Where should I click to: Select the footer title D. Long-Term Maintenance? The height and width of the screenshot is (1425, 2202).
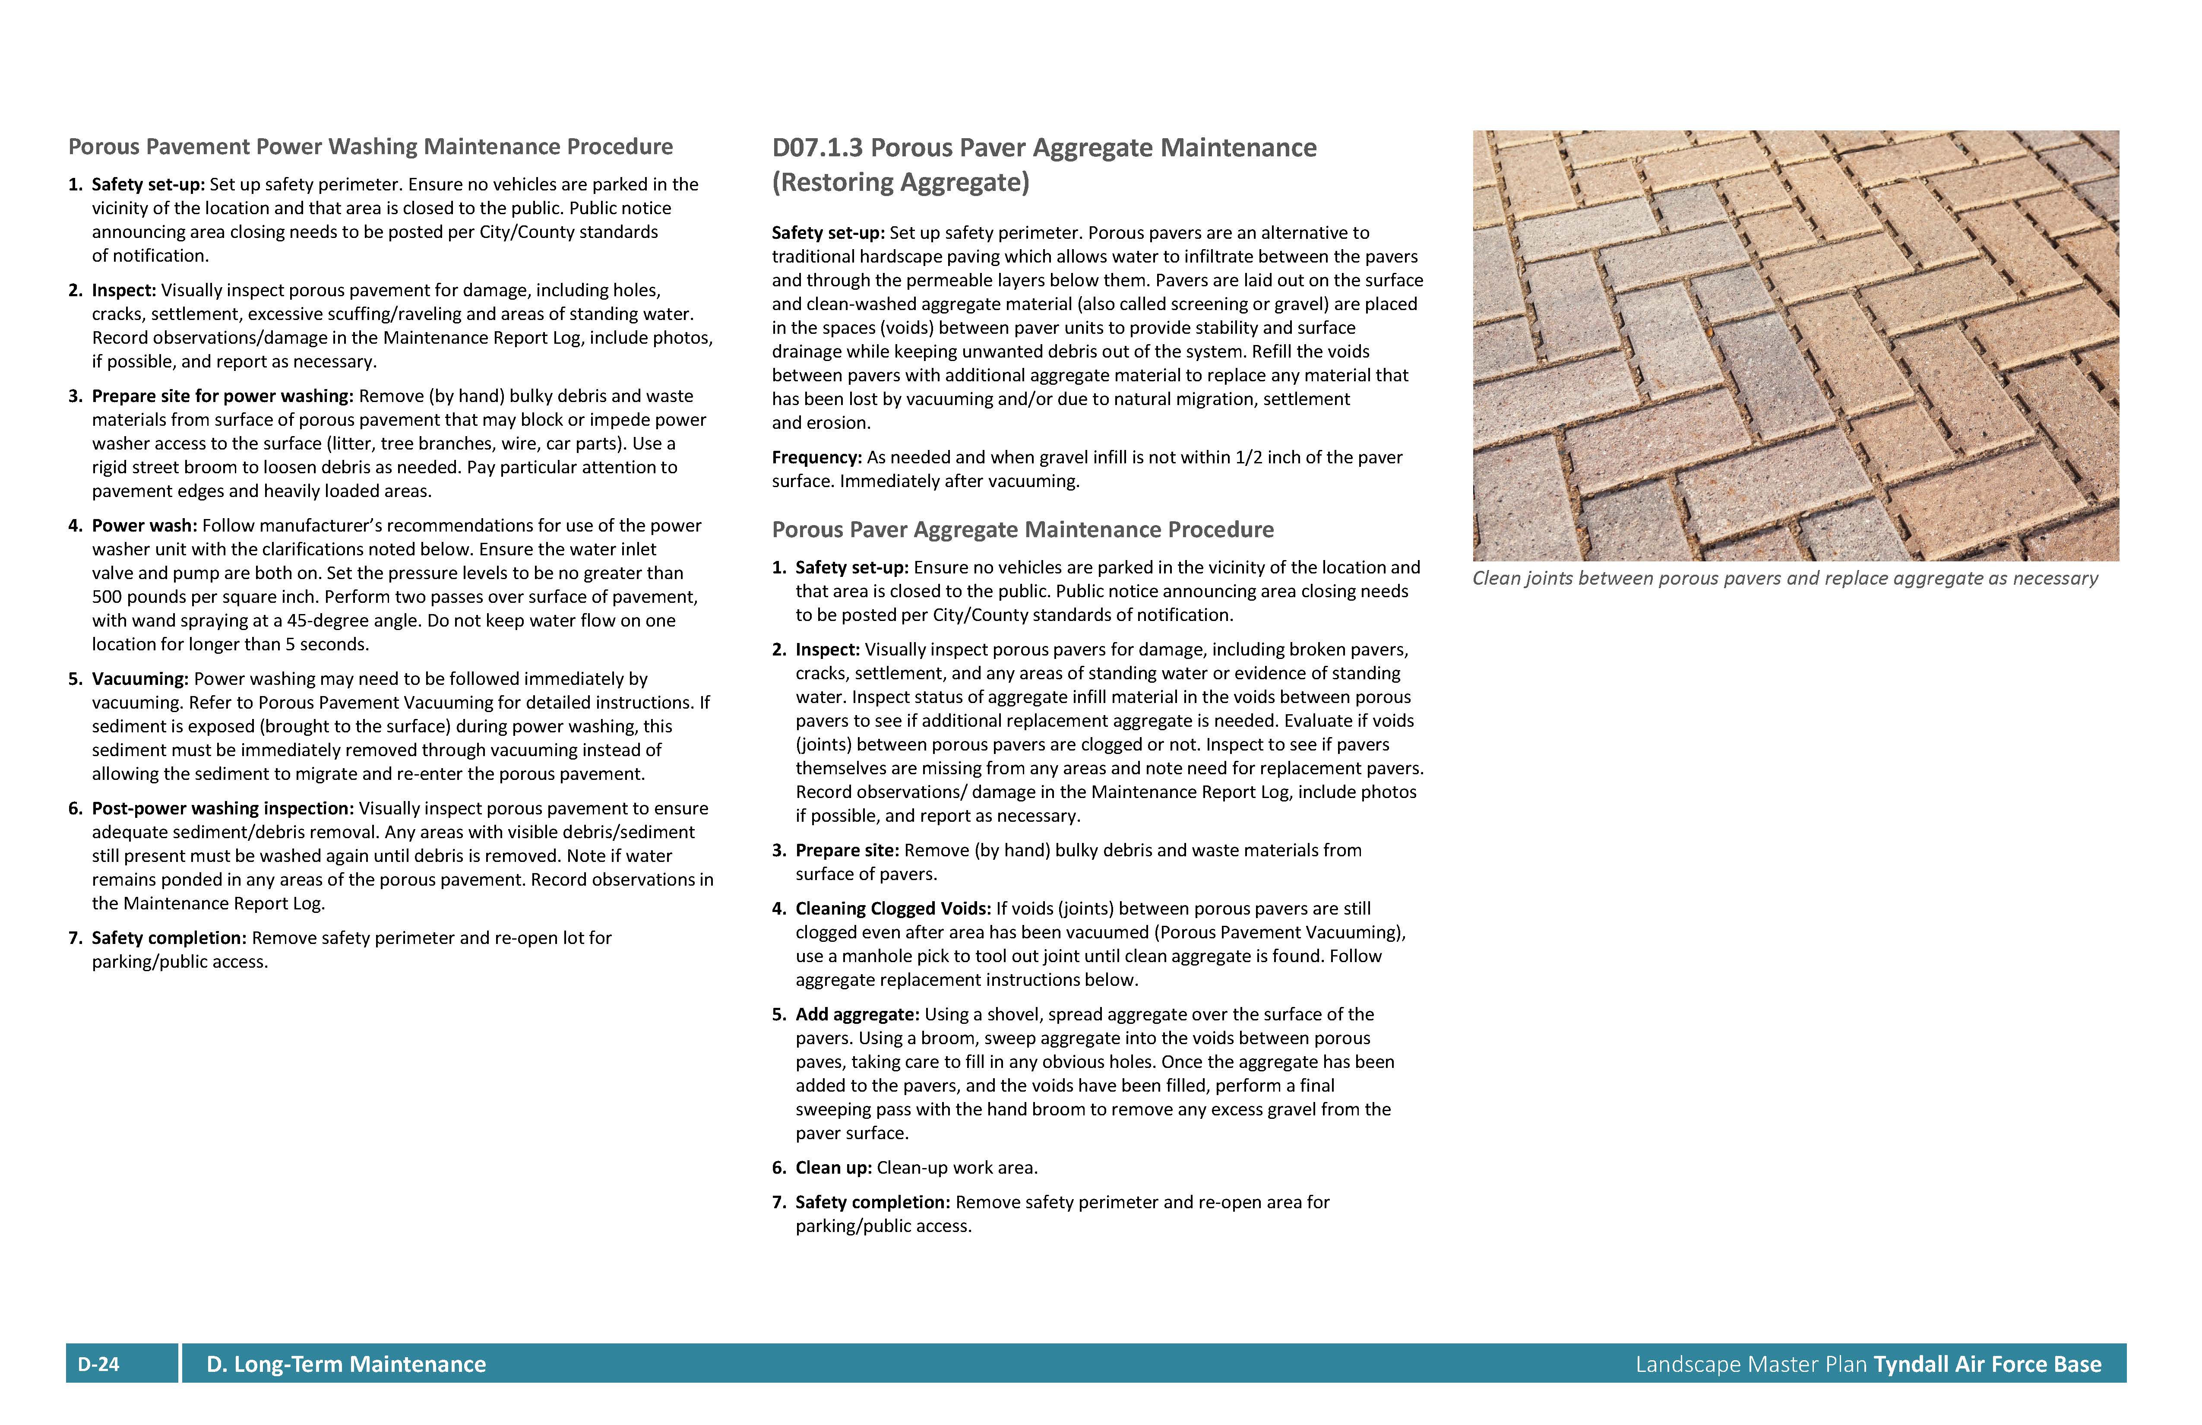[346, 1364]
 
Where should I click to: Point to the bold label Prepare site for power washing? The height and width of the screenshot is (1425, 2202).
[222, 396]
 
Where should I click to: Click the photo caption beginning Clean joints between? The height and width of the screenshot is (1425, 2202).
[1784, 578]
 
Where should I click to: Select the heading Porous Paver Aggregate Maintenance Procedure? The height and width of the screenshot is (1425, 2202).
[1022, 529]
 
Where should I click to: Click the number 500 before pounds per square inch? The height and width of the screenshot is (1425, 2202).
[108, 597]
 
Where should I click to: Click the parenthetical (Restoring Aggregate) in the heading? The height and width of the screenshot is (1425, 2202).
[900, 182]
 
